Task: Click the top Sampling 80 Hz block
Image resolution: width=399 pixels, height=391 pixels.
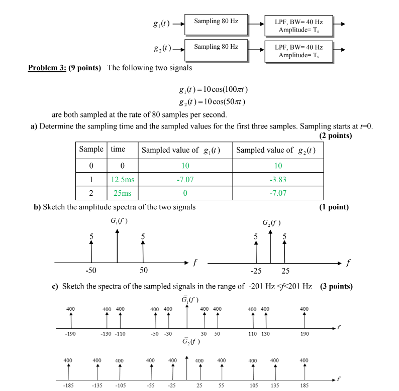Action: [216, 24]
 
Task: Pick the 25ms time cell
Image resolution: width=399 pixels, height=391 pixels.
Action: [122, 193]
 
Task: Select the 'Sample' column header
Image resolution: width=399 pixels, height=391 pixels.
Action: [91, 150]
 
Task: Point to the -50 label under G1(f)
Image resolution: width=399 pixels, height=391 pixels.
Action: [91, 271]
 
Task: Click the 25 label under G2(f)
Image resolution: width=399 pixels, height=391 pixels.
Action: [285, 272]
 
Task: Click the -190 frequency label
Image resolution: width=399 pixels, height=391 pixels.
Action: [71, 334]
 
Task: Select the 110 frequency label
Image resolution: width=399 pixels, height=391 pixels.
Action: [252, 334]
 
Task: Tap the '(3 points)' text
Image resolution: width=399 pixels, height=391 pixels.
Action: [336, 287]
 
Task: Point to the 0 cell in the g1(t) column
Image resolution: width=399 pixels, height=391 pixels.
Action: [185, 193]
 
